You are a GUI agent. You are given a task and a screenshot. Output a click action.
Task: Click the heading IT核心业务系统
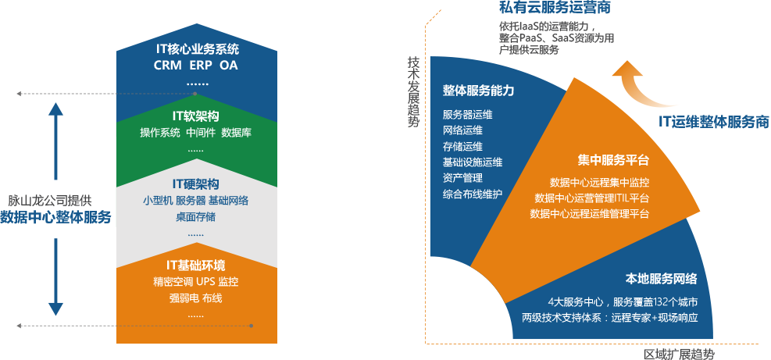tap(196, 49)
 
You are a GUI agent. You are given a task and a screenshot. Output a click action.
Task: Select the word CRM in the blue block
tap(168, 65)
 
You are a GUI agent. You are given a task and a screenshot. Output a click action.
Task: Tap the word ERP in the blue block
tap(201, 65)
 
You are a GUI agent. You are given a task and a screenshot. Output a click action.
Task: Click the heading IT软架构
tap(196, 116)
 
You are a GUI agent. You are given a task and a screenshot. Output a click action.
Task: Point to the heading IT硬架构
tap(196, 184)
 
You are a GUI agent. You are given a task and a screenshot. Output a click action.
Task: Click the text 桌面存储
tap(196, 217)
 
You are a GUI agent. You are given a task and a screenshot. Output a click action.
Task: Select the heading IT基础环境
tap(196, 266)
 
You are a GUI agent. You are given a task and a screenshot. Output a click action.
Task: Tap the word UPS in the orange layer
tap(206, 282)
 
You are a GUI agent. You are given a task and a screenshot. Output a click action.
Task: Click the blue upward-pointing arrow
tap(55, 141)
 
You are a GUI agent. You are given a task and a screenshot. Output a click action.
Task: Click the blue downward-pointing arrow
tap(55, 276)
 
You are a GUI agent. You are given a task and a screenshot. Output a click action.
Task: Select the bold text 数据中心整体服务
tap(55, 217)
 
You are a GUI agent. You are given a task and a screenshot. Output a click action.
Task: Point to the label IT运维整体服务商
tap(713, 121)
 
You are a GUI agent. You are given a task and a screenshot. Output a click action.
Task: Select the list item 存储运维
tap(462, 147)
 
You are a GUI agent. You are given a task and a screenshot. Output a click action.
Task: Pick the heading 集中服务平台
tap(613, 160)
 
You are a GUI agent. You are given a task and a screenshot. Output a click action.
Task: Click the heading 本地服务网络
tap(662, 278)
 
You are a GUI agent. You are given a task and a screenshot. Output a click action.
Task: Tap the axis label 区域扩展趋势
tap(679, 354)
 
